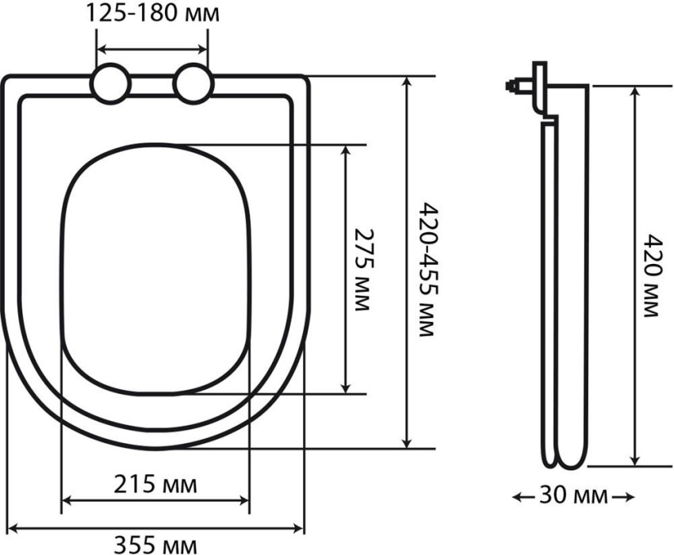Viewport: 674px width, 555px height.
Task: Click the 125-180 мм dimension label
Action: (153, 13)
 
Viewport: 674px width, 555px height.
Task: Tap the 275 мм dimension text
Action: (362, 270)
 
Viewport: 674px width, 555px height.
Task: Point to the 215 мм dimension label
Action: (155, 484)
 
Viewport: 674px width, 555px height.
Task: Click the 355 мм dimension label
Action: (155, 545)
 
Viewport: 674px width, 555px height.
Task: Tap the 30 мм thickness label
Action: (573, 496)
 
